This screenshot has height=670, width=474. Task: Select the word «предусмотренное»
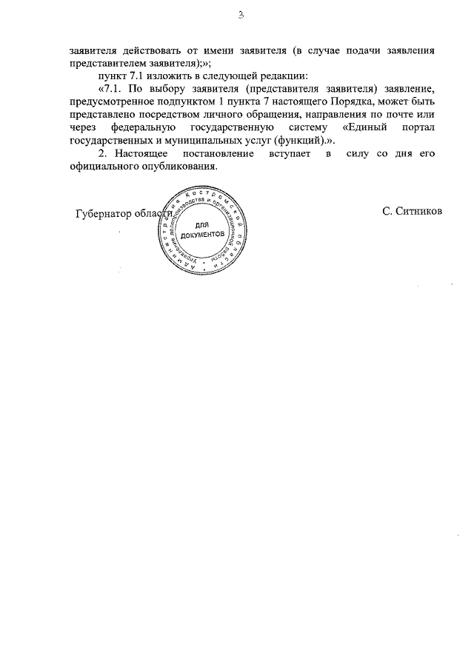(x=116, y=102)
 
